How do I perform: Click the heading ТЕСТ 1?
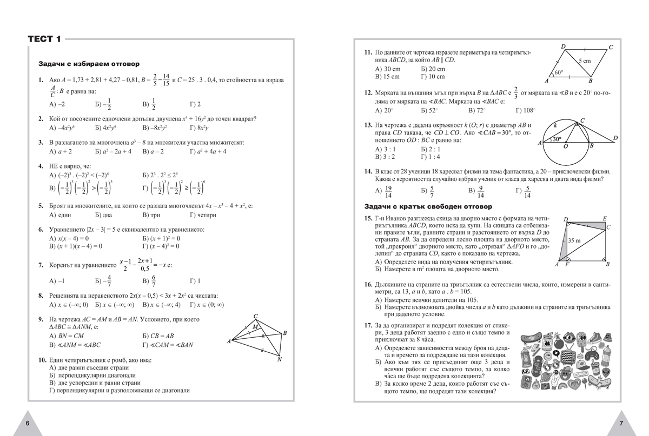tap(44, 39)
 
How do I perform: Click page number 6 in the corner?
tap(28, 422)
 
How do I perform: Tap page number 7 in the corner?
tap(621, 422)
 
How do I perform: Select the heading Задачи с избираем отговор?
tap(85, 63)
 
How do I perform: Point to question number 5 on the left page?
tap(41, 206)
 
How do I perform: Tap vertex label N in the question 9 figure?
tap(279, 359)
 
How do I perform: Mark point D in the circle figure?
tap(615, 138)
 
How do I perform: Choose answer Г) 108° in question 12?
tap(525, 111)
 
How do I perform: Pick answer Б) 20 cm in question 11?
tap(433, 69)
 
